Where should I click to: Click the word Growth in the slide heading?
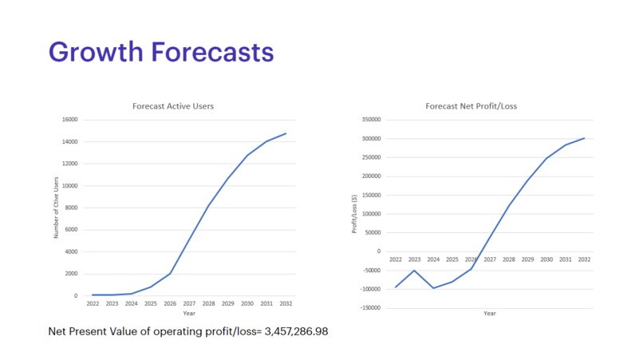[x=94, y=52]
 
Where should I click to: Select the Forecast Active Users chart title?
[x=172, y=106]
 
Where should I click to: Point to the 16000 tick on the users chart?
[x=69, y=120]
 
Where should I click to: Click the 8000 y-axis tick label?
[x=71, y=208]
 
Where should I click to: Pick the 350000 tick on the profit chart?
[x=370, y=120]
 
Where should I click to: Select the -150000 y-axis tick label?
[x=369, y=308]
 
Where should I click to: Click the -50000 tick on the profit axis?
[x=370, y=271]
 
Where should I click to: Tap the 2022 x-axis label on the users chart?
[x=93, y=304]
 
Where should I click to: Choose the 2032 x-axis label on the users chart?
[x=286, y=304]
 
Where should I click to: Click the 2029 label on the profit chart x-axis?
[x=527, y=259]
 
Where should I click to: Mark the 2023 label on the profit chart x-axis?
[x=414, y=259]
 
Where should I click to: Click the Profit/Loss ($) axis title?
[x=354, y=214]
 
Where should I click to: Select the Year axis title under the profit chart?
[x=490, y=313]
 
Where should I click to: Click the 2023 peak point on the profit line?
[x=414, y=271]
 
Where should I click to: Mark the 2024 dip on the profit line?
[x=433, y=287]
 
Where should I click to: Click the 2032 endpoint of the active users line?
[x=286, y=133]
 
